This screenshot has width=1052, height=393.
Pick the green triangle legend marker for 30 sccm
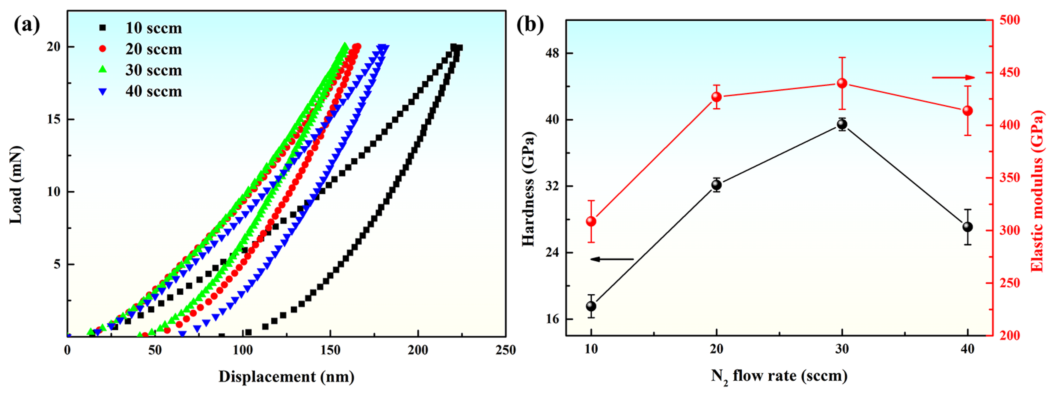coord(103,70)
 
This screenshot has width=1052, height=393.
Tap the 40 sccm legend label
coord(153,91)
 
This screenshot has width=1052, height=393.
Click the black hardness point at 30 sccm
coord(842,125)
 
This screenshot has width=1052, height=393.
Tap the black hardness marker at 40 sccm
coord(967,227)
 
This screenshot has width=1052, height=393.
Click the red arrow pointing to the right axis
coord(953,77)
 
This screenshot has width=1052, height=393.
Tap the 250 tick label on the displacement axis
coord(506,350)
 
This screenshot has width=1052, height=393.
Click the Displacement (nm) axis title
coord(286,376)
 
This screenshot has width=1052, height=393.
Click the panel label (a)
coord(27,25)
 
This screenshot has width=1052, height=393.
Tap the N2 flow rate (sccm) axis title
coord(779,376)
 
